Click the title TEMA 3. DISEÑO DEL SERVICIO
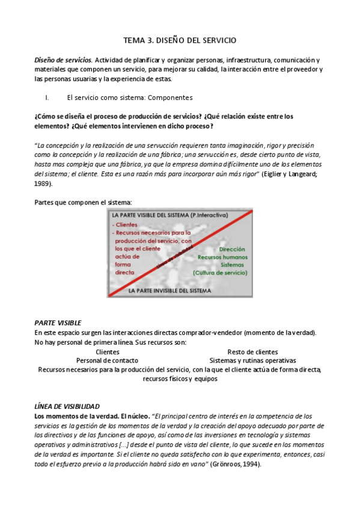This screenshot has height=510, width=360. (180, 40)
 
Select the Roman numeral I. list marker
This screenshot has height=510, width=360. (47, 97)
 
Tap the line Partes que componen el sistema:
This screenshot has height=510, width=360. (83, 202)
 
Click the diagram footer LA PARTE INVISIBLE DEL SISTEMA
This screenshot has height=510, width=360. (170, 290)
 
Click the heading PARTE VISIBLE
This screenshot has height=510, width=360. (58, 323)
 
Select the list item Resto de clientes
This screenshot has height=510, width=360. (252, 352)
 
